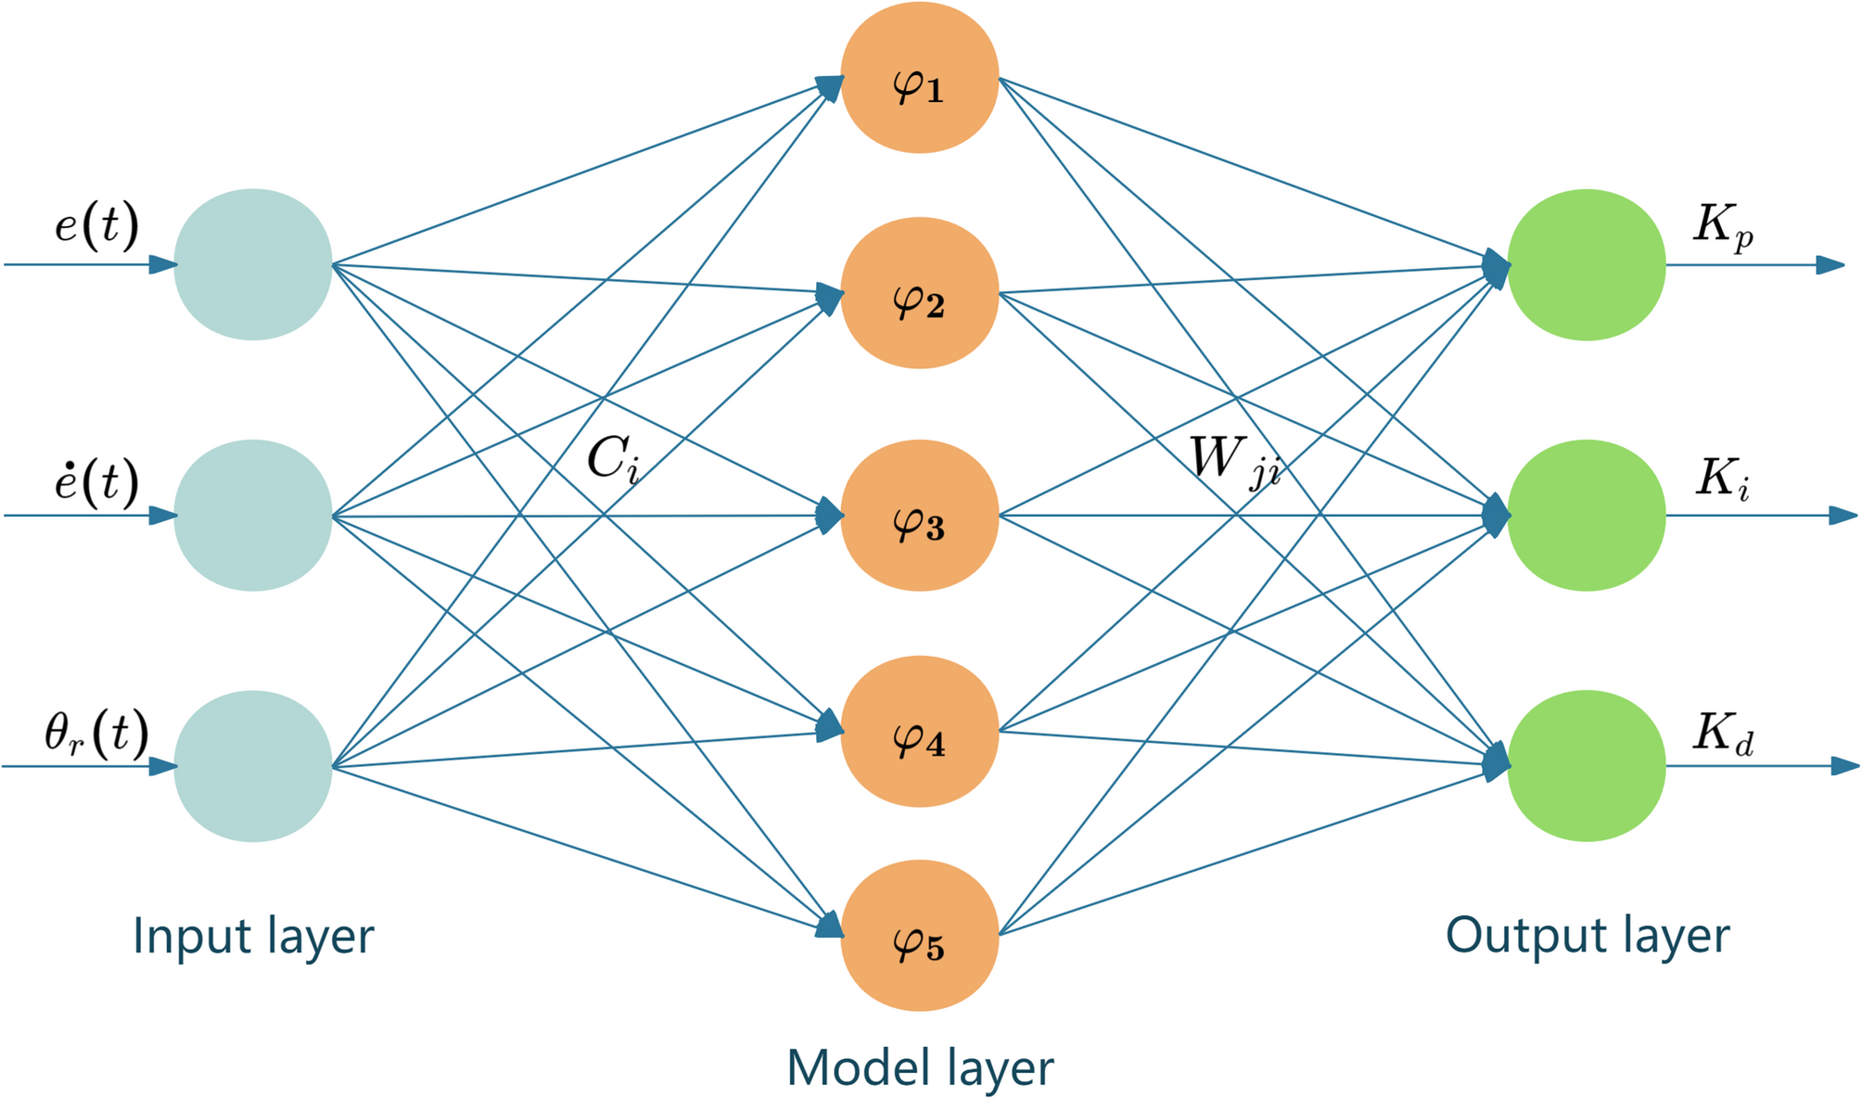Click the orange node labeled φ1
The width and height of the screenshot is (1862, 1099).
[919, 78]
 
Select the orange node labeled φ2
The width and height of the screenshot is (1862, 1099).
[919, 293]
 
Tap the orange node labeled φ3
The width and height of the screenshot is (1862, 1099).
[919, 516]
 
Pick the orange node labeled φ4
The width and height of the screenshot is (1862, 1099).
[919, 732]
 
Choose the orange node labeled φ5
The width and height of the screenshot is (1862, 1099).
[919, 936]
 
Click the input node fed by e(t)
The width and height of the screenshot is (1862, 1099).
[253, 265]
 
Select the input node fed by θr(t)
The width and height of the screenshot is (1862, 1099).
[253, 766]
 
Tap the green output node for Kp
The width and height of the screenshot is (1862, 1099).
[1587, 265]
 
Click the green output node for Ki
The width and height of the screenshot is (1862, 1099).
[1587, 516]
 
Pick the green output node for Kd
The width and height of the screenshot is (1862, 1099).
[1587, 766]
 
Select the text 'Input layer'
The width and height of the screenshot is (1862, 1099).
[253, 936]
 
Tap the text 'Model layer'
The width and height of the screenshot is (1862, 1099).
[920, 1067]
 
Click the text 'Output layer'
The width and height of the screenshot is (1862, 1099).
[1588, 935]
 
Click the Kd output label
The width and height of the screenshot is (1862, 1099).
[1724, 735]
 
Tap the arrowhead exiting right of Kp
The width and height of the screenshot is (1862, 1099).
[1830, 265]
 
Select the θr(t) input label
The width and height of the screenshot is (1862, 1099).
[96, 734]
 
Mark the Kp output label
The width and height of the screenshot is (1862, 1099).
[1724, 226]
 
